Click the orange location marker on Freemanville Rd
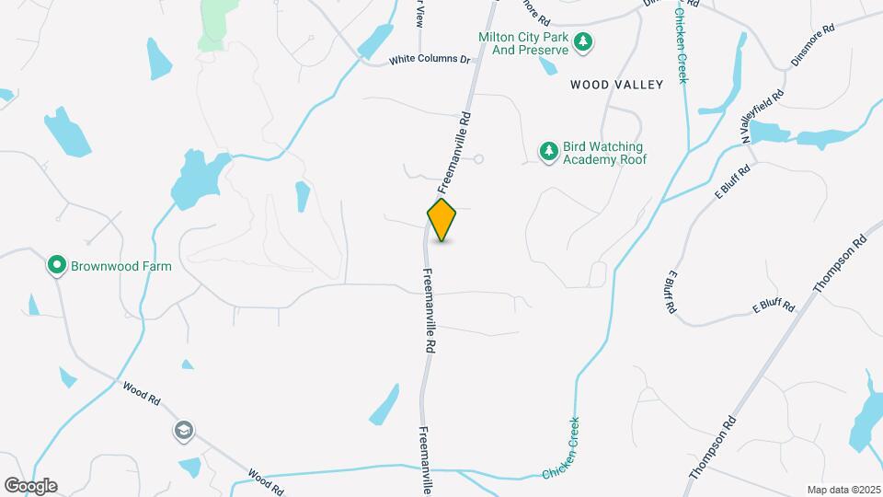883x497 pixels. pyautogui.click(x=442, y=220)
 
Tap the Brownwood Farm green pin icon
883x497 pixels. pyautogui.click(x=56, y=266)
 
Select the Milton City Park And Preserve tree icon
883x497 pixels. pyautogui.click(x=582, y=41)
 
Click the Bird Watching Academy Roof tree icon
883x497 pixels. pyautogui.click(x=549, y=152)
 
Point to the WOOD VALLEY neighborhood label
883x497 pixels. pyautogui.click(x=616, y=85)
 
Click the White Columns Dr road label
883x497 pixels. pyautogui.click(x=429, y=60)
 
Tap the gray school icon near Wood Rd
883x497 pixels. pyautogui.click(x=184, y=430)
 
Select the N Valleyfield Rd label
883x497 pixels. pyautogui.click(x=764, y=115)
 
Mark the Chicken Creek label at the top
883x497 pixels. pyautogui.click(x=682, y=41)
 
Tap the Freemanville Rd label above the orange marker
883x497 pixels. pyautogui.click(x=455, y=146)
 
